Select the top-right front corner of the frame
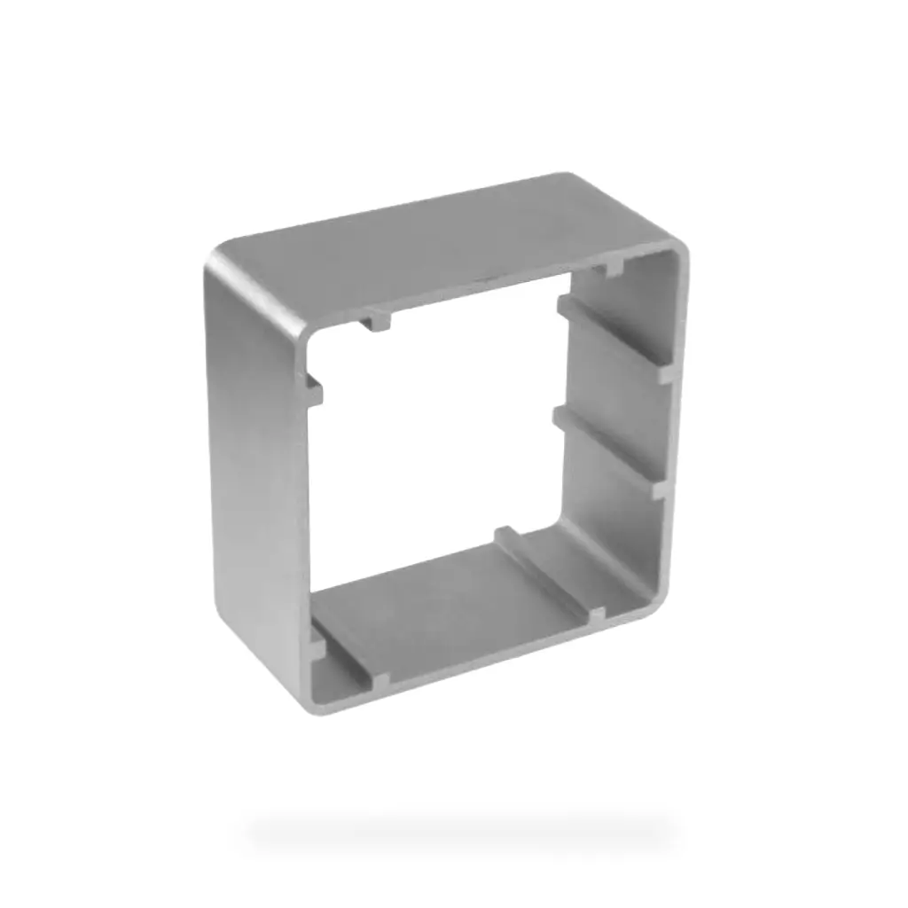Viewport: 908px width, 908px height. coord(678,253)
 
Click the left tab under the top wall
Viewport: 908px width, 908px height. coord(376,320)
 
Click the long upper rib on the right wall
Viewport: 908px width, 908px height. coord(612,337)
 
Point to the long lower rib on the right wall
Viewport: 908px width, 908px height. coord(607,448)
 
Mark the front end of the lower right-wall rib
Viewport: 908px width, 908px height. coord(660,487)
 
